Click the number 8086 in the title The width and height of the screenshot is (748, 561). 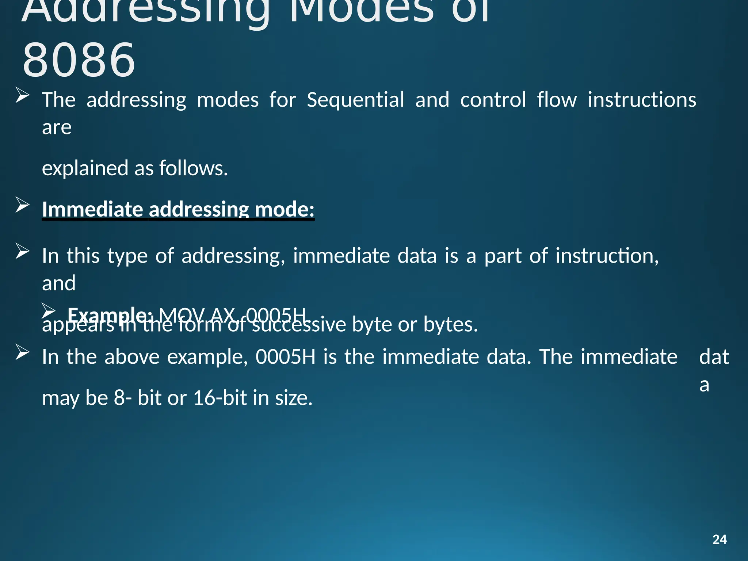point(79,60)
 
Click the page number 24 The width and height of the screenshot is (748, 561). point(719,539)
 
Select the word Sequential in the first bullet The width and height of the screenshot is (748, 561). point(355,100)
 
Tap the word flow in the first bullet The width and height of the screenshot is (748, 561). point(557,100)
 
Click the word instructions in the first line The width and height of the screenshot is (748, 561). point(642,100)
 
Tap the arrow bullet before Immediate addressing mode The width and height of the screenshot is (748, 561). point(23,205)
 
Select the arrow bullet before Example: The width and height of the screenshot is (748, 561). point(48,310)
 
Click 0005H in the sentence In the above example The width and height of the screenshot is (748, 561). point(285,357)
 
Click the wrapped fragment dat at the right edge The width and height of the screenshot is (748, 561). point(714,357)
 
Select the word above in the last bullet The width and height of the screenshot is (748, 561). point(132,357)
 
